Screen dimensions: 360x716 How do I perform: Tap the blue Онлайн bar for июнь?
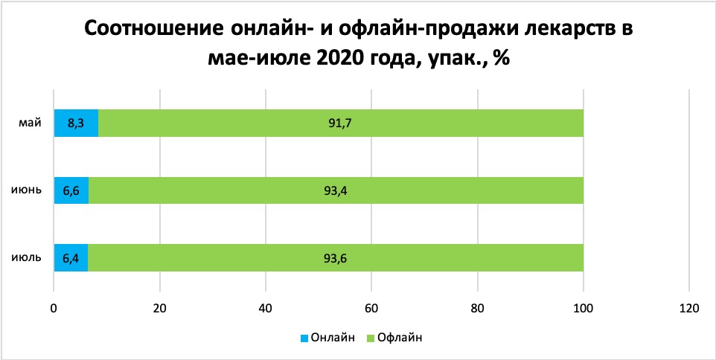71,190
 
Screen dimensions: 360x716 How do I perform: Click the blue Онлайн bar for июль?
71,257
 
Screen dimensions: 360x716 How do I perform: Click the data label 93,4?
336,190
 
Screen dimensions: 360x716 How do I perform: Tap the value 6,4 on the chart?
71,258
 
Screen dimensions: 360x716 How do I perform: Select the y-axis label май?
31,122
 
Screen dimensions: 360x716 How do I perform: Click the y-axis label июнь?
27,190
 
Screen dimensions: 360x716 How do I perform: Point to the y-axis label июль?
26,258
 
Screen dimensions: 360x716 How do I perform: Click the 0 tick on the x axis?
54,307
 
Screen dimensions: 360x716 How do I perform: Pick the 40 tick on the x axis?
266,307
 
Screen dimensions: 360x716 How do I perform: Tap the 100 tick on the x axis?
584,307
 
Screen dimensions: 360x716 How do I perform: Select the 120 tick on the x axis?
689,307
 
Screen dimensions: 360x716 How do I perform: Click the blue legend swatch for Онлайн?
304,338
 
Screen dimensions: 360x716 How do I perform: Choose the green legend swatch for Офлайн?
371,338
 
